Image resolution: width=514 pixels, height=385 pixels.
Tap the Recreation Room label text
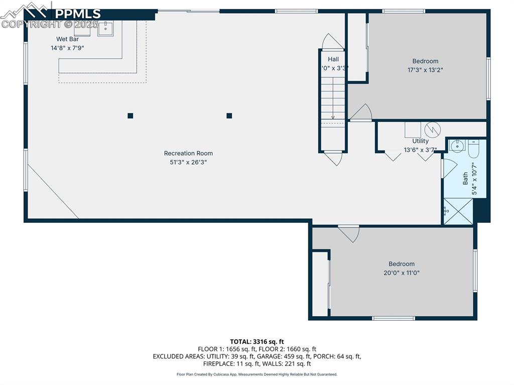(x=188, y=154)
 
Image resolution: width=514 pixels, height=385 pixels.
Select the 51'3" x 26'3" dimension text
(x=188, y=162)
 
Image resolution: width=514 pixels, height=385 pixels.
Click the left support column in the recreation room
(x=131, y=115)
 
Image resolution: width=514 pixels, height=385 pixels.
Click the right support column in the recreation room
(x=229, y=115)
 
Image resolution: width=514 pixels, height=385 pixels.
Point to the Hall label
(x=333, y=59)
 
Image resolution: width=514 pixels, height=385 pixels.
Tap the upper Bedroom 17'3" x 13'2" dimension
(x=425, y=70)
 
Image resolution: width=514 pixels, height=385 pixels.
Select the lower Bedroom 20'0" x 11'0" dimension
(x=402, y=273)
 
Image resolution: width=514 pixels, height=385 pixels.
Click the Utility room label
(x=421, y=141)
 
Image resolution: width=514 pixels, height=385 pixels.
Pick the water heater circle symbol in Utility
(x=432, y=130)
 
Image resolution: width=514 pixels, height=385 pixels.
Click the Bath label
(x=465, y=178)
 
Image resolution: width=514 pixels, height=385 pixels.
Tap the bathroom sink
(x=457, y=147)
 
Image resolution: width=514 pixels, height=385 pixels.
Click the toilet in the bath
(x=474, y=148)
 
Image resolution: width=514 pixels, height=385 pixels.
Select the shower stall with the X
(x=458, y=211)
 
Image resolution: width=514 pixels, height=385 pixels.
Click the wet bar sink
(x=105, y=28)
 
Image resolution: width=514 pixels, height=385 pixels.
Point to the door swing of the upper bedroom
(x=361, y=112)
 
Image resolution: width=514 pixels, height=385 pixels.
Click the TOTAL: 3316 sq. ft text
(x=257, y=341)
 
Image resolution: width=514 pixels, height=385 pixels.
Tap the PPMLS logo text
(x=78, y=14)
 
